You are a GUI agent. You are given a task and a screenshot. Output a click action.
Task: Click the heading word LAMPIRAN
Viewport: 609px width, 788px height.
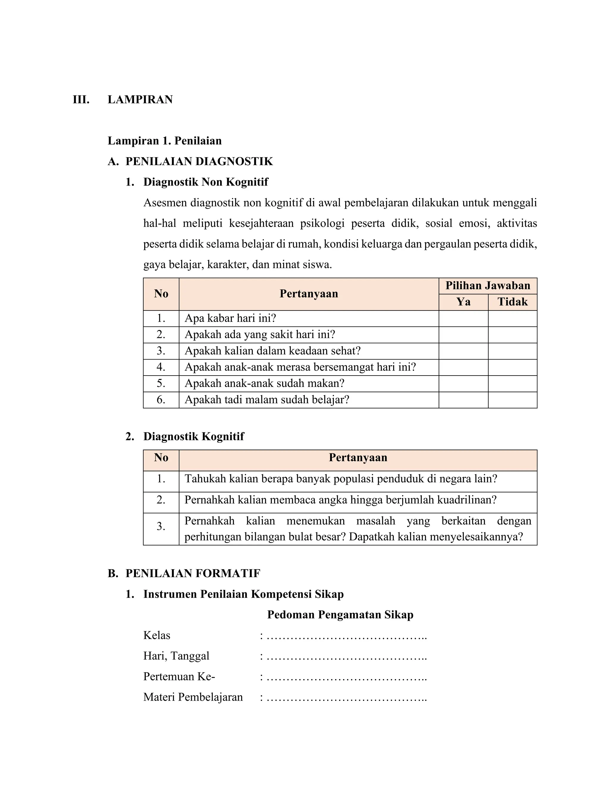140,100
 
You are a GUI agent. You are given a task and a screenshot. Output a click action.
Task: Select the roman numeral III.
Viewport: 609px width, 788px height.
81,100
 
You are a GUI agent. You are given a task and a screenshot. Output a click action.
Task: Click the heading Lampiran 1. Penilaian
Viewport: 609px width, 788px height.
164,141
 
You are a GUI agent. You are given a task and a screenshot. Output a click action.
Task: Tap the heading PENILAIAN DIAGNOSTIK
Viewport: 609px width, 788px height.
199,161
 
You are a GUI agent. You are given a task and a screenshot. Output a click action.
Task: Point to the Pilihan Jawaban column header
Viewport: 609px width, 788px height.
488,286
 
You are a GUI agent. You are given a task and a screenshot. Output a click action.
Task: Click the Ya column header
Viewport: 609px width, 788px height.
463,302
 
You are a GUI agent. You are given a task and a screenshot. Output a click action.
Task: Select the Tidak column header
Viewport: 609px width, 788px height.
512,302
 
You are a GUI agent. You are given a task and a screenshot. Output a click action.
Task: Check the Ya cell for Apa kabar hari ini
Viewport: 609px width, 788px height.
463,318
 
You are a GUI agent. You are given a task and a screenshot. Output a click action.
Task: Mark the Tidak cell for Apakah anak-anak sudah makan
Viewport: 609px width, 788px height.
512,384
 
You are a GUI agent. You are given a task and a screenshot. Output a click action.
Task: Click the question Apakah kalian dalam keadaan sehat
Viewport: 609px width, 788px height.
272,351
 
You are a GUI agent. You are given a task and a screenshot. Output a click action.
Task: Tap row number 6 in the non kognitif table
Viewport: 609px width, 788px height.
161,400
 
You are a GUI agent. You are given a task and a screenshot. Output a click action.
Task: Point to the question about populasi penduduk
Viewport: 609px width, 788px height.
340,479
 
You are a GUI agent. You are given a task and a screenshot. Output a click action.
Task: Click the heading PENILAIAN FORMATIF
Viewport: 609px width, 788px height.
193,573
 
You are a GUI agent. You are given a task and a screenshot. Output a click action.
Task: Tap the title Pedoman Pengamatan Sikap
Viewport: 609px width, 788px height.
340,615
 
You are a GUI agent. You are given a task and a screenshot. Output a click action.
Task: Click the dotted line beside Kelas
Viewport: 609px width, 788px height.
346,636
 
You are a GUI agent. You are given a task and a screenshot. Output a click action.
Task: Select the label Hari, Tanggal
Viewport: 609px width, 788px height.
176,656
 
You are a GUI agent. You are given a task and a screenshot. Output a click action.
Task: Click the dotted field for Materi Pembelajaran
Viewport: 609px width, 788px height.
346,697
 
